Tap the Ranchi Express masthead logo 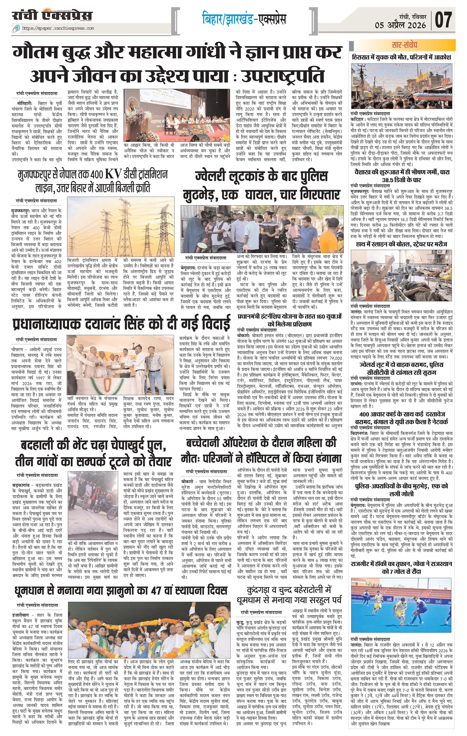pyautogui.click(x=52, y=16)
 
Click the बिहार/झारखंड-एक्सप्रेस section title pyautogui.click(x=244, y=19)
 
